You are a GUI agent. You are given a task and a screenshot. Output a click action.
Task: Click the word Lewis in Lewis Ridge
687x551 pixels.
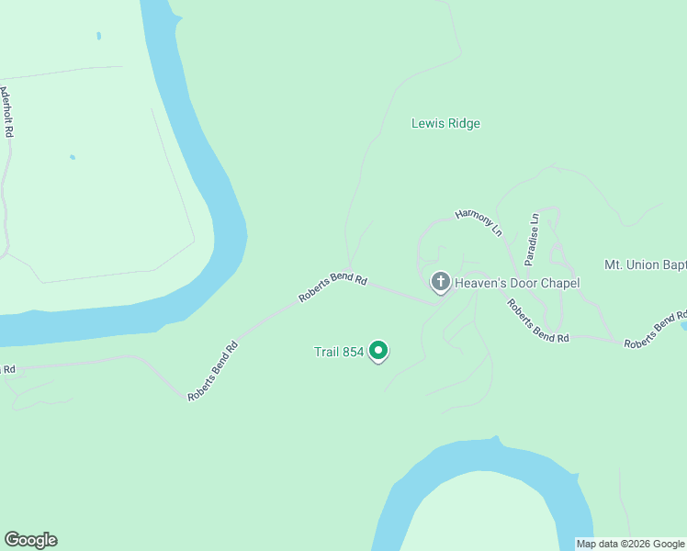coord(427,124)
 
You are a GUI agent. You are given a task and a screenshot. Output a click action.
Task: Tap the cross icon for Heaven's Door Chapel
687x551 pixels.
coord(440,282)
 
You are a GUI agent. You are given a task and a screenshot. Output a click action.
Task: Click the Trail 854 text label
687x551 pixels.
coord(339,352)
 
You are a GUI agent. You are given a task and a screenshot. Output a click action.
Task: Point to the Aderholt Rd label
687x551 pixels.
coord(8,113)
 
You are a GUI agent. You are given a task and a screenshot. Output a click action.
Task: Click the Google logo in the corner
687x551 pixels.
coord(30,540)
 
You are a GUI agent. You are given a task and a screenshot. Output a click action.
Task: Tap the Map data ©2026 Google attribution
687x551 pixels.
coord(630,544)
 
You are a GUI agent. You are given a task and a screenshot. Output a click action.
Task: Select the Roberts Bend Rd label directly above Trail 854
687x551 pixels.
coord(332,287)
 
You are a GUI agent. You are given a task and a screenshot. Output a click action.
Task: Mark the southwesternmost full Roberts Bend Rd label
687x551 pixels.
coord(213,371)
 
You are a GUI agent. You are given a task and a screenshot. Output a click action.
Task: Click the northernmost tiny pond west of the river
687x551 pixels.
coord(98,37)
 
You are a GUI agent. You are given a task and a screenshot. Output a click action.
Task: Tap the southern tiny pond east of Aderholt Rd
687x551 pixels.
coord(73,157)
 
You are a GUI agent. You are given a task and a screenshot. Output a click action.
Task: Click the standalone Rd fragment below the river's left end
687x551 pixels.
coord(8,370)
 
